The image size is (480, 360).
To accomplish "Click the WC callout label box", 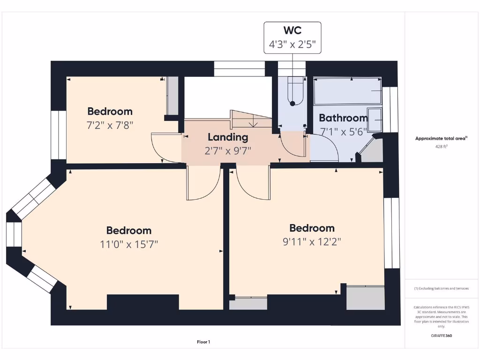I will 292,37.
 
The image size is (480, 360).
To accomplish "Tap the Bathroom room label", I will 343,118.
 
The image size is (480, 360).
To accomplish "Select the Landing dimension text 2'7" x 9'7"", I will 227,150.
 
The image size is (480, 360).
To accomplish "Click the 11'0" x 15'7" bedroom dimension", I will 128,244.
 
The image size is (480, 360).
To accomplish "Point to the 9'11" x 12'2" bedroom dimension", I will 312,242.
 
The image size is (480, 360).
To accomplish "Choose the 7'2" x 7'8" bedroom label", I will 110,125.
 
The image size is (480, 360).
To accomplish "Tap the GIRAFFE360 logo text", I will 442,336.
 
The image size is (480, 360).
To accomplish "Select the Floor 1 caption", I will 203,342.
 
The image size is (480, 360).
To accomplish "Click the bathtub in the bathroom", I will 347,91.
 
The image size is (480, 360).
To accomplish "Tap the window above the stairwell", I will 240,68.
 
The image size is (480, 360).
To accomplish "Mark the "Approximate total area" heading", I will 441,138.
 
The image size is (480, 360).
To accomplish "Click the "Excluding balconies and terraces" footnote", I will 441,288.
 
